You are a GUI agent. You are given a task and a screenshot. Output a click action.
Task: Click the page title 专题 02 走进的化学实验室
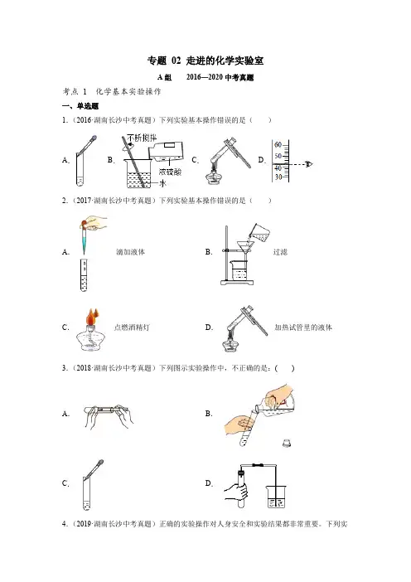coord(205,61)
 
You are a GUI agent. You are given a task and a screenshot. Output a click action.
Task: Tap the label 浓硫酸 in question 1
coord(170,172)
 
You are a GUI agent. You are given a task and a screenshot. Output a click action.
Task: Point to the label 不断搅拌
coord(142,138)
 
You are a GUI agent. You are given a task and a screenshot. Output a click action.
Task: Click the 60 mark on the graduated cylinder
coord(278,145)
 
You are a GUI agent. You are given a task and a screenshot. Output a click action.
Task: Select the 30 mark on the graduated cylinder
coord(278,177)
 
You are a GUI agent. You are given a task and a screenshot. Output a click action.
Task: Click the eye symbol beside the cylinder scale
coord(308,164)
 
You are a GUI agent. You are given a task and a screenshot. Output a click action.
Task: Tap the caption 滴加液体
coord(130,252)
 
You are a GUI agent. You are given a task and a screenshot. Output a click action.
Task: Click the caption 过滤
coord(280,252)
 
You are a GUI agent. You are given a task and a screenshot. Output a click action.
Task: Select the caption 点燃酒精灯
coord(132,327)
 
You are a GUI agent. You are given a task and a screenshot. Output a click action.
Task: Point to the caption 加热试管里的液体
coord(303,327)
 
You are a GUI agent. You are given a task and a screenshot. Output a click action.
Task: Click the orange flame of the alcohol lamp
coord(92,317)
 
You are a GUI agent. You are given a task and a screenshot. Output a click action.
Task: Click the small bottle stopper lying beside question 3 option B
coord(286,443)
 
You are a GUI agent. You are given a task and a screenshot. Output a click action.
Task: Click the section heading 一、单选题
coord(80,106)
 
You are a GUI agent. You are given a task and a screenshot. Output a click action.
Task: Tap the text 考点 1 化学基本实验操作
coord(112,92)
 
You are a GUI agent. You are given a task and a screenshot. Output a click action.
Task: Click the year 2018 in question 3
coord(84,368)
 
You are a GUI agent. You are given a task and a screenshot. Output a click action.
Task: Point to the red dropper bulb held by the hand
coord(85,224)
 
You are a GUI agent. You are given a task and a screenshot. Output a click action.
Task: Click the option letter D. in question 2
coord(209,327)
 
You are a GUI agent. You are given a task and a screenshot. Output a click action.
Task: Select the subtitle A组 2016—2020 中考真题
coord(205,77)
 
